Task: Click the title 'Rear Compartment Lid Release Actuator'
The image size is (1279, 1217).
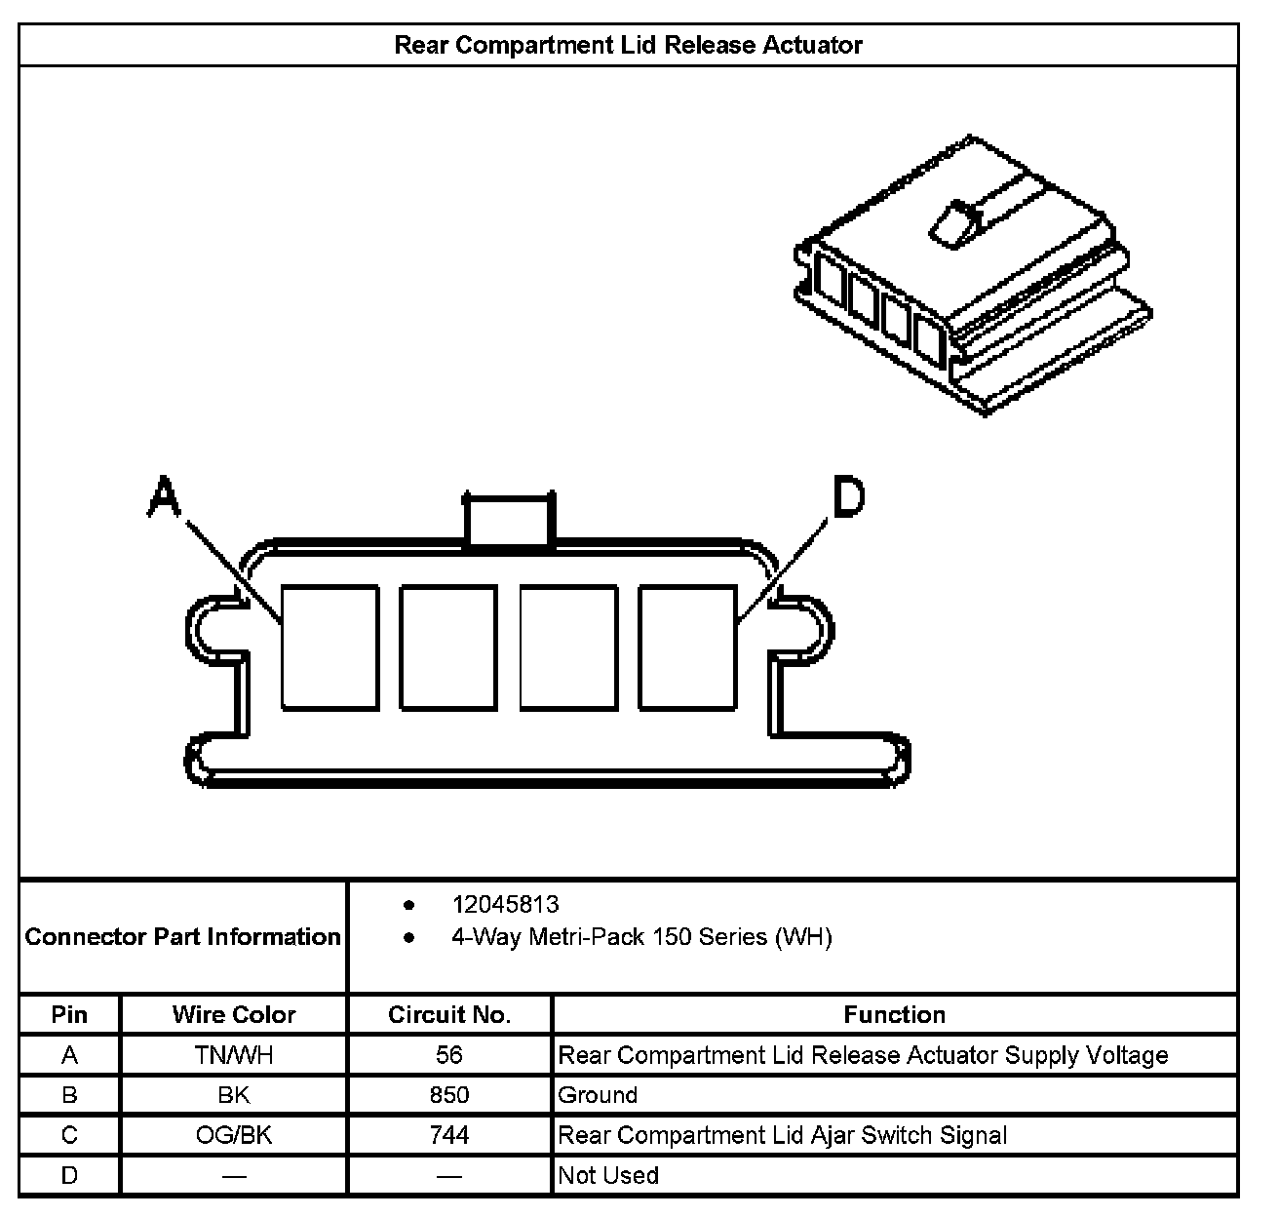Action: (x=628, y=45)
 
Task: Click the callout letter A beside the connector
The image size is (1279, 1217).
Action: (x=164, y=497)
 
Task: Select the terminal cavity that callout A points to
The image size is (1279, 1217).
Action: (x=329, y=647)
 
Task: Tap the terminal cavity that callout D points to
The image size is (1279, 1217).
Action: (x=687, y=647)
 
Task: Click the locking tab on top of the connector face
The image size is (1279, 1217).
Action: (x=508, y=520)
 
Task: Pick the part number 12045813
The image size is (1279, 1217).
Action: (x=505, y=904)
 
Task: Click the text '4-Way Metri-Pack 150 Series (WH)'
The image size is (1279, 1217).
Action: (x=640, y=937)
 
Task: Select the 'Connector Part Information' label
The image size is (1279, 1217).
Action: (x=183, y=937)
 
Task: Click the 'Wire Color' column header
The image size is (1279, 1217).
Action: (x=234, y=1014)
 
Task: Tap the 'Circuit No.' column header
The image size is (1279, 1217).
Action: (x=449, y=1014)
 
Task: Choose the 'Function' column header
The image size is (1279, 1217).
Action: (x=894, y=1014)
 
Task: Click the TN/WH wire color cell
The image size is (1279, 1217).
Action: (x=234, y=1055)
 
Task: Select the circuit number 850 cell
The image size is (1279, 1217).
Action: (x=449, y=1095)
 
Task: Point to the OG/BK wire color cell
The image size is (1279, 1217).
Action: (x=234, y=1135)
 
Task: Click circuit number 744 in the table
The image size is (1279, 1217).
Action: (x=449, y=1135)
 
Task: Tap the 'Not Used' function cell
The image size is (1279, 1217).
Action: (x=608, y=1175)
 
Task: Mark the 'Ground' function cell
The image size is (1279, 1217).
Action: (x=598, y=1095)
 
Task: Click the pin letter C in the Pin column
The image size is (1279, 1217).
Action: (x=69, y=1135)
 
